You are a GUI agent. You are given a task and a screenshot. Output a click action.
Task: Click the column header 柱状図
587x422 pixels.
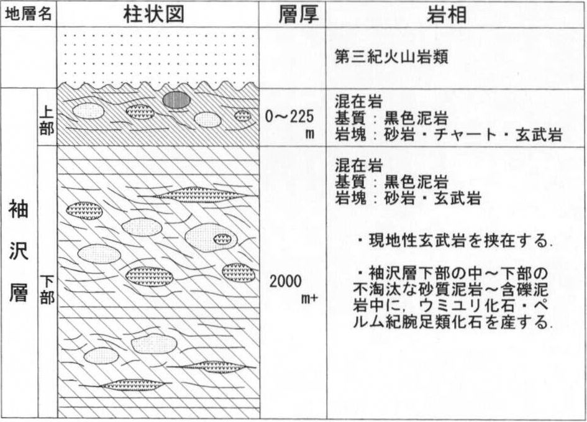tap(154, 14)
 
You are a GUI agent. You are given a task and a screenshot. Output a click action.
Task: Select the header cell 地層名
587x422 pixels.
tap(28, 14)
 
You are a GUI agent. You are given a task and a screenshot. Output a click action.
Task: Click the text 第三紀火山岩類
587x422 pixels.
tap(391, 58)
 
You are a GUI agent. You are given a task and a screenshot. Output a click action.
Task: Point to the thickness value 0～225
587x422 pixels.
tap(289, 117)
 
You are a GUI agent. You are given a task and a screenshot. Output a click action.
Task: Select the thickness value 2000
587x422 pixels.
tap(286, 281)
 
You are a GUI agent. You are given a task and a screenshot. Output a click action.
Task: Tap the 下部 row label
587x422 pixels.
tap(47, 290)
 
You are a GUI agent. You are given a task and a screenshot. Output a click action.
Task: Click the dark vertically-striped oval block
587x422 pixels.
tap(176, 100)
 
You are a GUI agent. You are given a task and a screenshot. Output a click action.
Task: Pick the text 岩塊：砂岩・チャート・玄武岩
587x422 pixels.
tap(448, 134)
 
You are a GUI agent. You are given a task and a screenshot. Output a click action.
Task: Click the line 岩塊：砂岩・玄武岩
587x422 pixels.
tap(407, 198)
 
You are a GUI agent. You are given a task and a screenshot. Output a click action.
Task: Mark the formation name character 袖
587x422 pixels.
tap(19, 209)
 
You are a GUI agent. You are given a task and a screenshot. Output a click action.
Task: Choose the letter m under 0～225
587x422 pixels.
tap(309, 134)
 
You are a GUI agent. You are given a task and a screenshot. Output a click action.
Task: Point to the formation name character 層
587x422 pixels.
tap(19, 292)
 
